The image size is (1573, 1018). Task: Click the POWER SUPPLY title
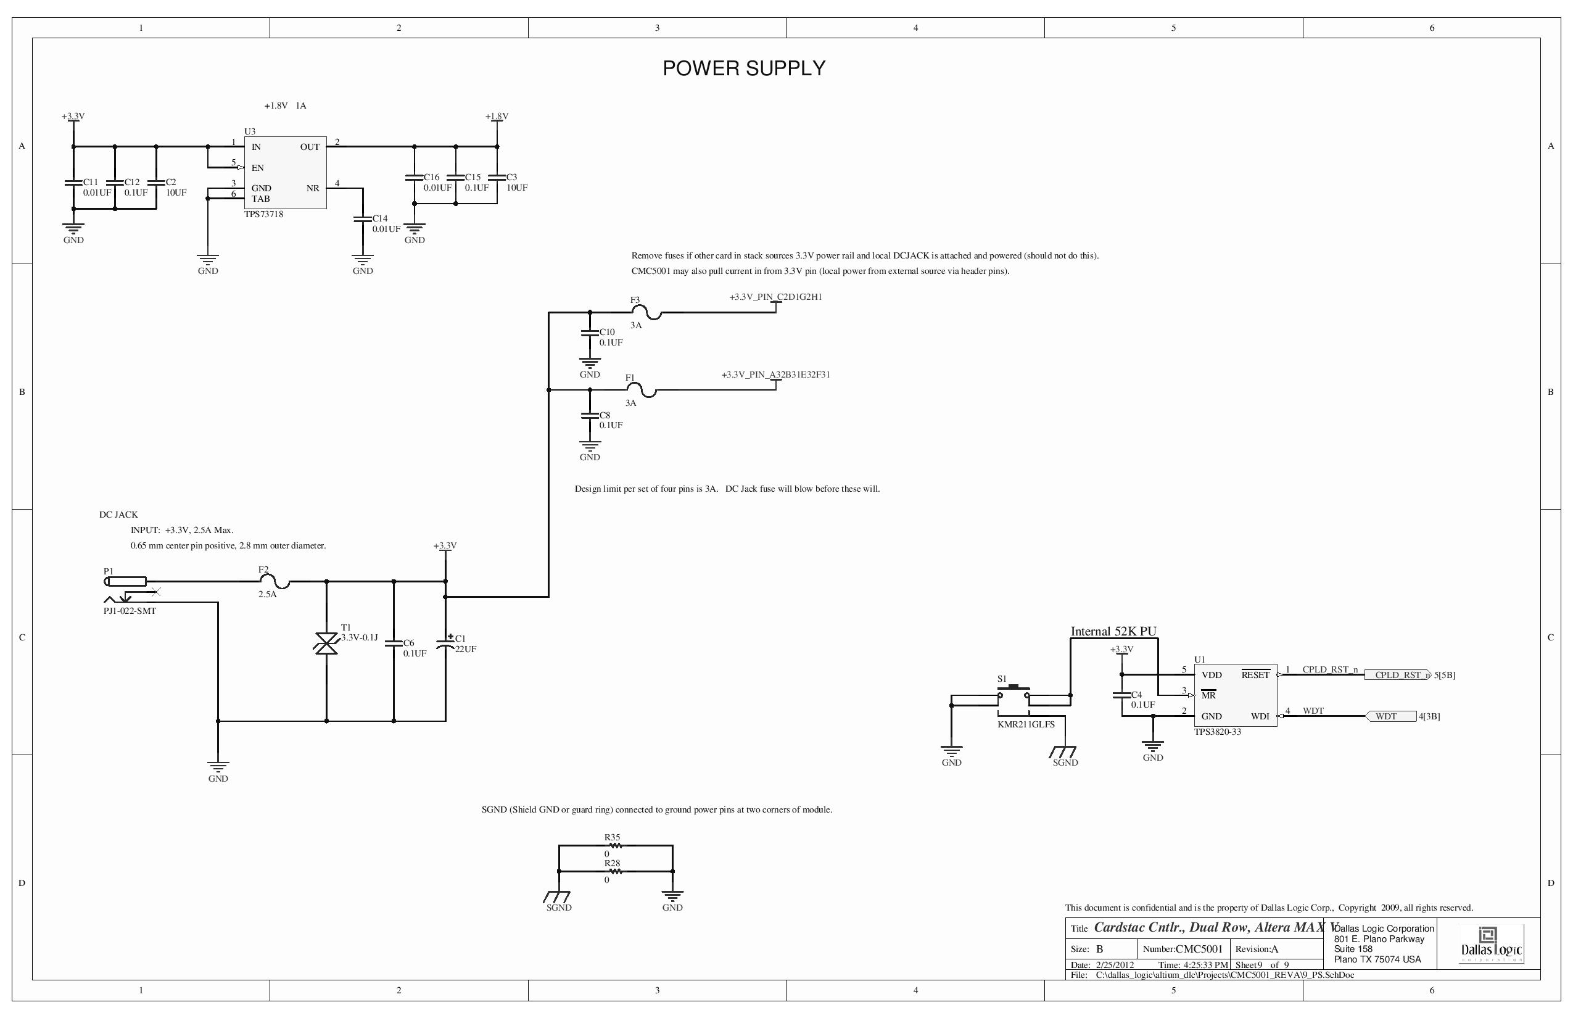pyautogui.click(x=743, y=68)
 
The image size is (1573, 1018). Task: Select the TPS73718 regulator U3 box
pyautogui.click(x=285, y=173)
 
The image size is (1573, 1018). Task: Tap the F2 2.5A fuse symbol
pyautogui.click(x=279, y=582)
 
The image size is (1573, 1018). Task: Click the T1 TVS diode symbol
pyautogui.click(x=326, y=643)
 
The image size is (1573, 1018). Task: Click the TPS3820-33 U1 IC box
pyautogui.click(x=1234, y=695)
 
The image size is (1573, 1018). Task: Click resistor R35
pyautogui.click(x=614, y=845)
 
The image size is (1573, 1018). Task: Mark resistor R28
pyautogui.click(x=614, y=871)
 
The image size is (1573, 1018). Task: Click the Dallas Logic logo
pyautogui.click(x=1491, y=945)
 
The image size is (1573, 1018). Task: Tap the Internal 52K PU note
pyautogui.click(x=1113, y=631)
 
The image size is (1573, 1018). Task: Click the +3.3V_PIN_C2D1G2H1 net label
pyautogui.click(x=775, y=297)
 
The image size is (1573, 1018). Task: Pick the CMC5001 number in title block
pyautogui.click(x=1199, y=950)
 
